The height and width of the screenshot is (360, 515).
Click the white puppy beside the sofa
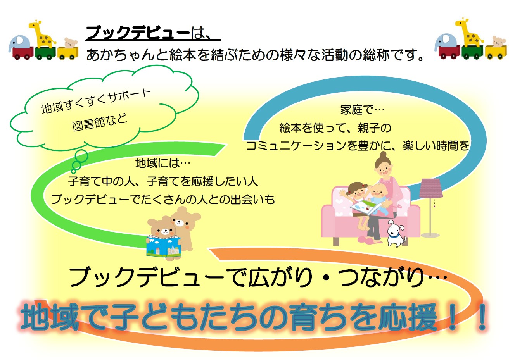(396, 233)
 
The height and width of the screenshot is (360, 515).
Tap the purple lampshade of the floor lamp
(430, 188)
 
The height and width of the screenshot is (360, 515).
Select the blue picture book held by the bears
(164, 246)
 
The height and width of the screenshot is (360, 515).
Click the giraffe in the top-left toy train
(42, 34)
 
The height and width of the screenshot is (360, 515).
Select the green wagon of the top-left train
(45, 53)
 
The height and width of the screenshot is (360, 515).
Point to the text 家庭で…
(362, 110)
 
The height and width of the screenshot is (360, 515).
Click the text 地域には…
(163, 164)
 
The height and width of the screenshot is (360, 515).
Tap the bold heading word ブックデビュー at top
(138, 33)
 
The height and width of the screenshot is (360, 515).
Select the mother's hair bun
(383, 155)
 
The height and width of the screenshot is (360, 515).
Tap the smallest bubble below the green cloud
(74, 171)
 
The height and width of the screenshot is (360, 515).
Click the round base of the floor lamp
(430, 235)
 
